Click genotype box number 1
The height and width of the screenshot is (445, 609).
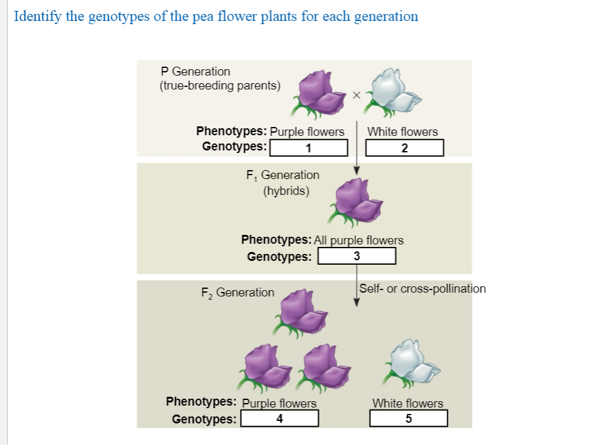309,148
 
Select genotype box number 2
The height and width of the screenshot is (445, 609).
405,148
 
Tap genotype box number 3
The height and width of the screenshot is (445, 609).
357,256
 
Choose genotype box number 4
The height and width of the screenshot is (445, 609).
279,418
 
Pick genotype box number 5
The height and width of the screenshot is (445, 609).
408,418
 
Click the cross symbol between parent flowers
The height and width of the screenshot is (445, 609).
356,95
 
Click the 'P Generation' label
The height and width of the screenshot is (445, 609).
196,72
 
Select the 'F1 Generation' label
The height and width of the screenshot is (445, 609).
282,175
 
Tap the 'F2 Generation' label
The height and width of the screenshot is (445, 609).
238,293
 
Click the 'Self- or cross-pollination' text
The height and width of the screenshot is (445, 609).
422,289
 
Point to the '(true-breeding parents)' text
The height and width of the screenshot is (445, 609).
220,86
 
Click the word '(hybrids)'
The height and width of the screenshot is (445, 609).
286,190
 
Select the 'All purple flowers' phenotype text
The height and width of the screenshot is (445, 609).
359,240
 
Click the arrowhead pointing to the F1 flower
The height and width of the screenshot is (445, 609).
357,170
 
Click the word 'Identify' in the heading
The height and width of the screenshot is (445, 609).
36,17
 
